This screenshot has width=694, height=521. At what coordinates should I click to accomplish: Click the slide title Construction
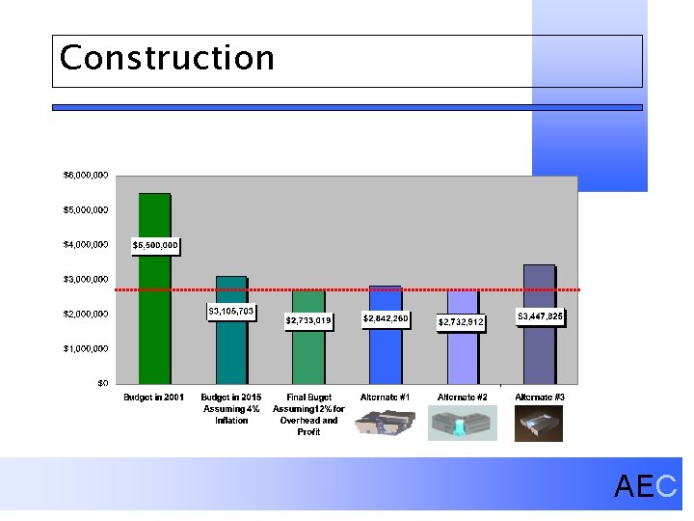(x=167, y=58)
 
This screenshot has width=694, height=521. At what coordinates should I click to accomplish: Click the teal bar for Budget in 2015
(x=230, y=352)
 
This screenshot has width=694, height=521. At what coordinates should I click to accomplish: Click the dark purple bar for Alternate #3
(x=539, y=352)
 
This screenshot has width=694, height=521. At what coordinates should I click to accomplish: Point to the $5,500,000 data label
(x=155, y=245)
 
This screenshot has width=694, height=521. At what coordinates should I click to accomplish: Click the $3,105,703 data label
(x=231, y=312)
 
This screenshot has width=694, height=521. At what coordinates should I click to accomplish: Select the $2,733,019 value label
(x=308, y=320)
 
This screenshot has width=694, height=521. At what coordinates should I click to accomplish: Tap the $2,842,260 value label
(x=385, y=318)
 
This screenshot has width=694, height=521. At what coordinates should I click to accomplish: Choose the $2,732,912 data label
(x=462, y=321)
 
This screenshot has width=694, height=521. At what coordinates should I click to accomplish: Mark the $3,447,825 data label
(x=541, y=315)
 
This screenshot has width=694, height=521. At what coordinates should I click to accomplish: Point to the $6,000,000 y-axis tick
(x=85, y=176)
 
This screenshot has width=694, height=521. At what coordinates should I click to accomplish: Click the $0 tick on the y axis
(x=101, y=383)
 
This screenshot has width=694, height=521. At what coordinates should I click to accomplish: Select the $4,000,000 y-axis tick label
(x=85, y=245)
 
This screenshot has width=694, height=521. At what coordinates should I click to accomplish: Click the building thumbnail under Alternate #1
(x=385, y=423)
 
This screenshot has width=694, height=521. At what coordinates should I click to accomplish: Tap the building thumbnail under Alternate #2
(x=462, y=423)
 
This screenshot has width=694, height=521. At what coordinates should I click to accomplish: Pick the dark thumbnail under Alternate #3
(x=539, y=423)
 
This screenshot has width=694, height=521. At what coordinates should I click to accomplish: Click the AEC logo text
(x=646, y=486)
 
